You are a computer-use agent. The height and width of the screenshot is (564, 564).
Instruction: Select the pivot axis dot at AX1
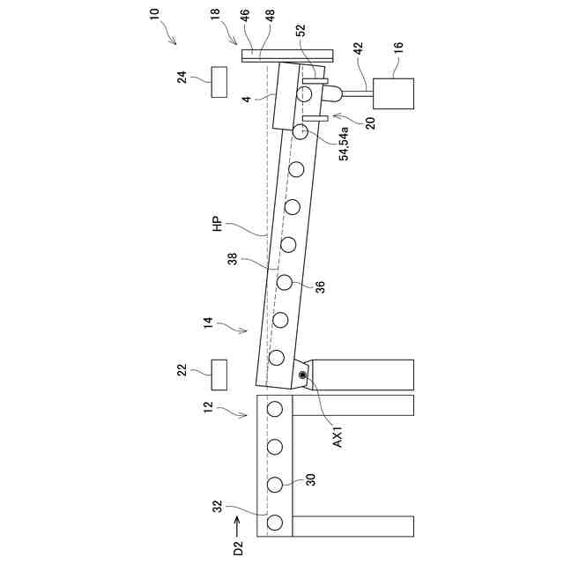[x=303, y=376]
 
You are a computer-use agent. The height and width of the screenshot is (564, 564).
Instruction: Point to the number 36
[x=319, y=286]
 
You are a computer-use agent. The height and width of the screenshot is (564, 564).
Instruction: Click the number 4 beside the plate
[x=249, y=100]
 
